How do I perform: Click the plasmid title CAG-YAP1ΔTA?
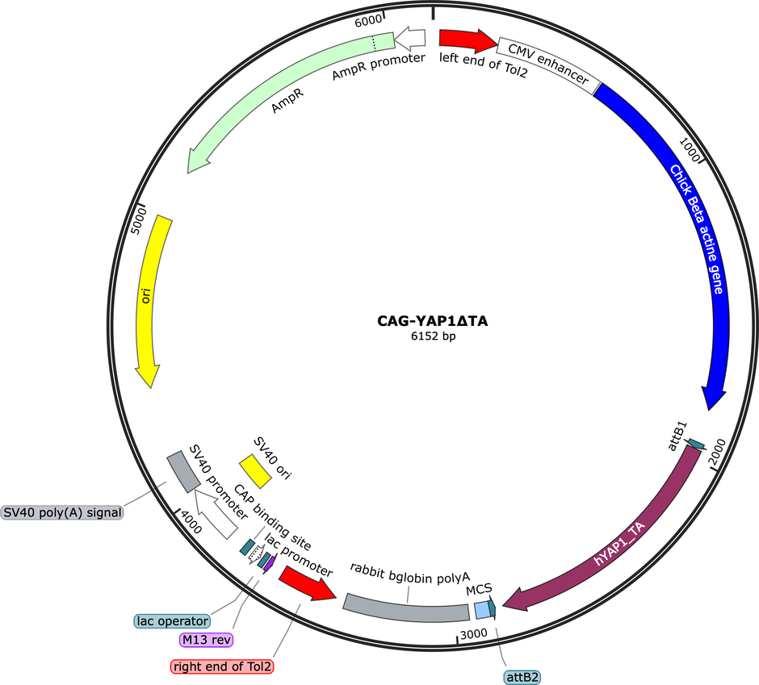[x=432, y=321]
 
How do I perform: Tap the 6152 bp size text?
[x=434, y=336]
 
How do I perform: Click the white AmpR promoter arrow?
[x=409, y=38]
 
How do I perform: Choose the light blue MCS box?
[x=482, y=610]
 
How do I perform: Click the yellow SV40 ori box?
[x=255, y=471]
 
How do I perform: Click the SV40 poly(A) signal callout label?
[x=62, y=512]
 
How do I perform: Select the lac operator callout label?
[x=172, y=621]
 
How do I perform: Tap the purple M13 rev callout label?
[x=206, y=640]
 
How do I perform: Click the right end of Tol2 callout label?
[x=222, y=666]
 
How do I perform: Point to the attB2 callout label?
[x=522, y=677]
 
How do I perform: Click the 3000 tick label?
[x=473, y=634]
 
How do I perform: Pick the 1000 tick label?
[x=690, y=149]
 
